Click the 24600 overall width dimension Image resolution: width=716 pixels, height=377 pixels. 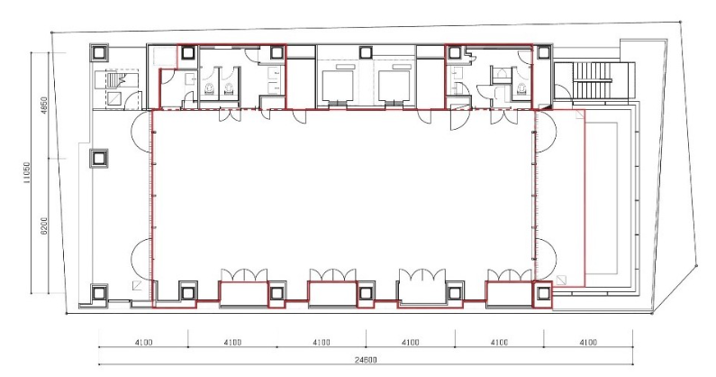click(366, 360)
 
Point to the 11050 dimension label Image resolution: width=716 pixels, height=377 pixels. click(27, 173)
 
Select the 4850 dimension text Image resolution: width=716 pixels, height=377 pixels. click(44, 106)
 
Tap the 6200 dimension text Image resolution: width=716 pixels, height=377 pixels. click(44, 226)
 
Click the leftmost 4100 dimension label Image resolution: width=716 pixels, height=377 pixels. click(143, 342)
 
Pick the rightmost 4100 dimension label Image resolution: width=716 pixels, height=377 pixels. click(588, 342)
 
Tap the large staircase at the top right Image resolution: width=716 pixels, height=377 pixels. click(592, 80)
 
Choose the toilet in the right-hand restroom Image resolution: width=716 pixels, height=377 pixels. click(521, 89)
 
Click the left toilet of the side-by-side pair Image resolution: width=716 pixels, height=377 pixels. click(209, 88)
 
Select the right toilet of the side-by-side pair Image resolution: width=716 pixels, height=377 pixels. click(229, 88)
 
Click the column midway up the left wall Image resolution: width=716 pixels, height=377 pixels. click(99, 159)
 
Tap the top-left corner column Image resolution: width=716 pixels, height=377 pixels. click(99, 52)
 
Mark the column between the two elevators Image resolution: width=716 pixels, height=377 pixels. click(366, 52)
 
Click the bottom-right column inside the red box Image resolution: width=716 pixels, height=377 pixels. click(542, 293)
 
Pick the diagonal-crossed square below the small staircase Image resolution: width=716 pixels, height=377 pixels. click(115, 98)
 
